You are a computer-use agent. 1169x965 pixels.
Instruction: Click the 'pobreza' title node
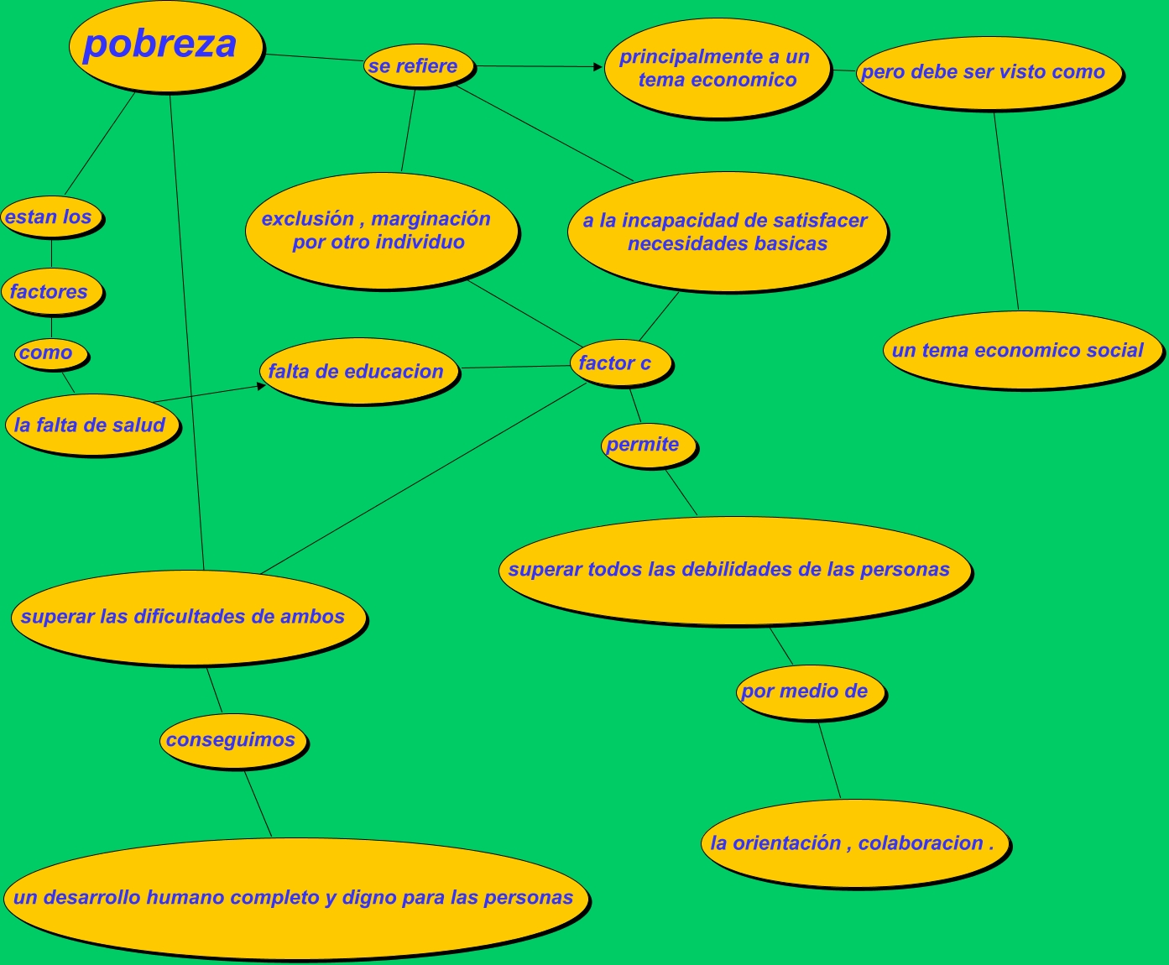coord(164,45)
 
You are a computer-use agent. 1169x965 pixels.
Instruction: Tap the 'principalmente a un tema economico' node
coord(716,68)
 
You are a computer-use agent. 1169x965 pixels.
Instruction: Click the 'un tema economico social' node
coord(1020,350)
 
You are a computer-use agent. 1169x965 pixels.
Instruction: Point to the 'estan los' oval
coord(50,216)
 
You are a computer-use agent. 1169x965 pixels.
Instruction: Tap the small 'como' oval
coord(50,353)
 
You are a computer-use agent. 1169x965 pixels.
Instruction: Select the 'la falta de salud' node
coord(91,425)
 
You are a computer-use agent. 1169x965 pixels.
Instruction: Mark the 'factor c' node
coord(619,363)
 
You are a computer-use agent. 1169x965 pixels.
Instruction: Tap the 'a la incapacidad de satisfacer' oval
coord(726,232)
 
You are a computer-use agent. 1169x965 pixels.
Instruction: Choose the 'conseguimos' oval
coord(232,740)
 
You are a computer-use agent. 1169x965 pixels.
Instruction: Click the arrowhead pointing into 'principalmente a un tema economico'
coord(598,67)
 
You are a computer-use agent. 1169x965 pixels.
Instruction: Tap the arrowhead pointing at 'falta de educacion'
coord(261,387)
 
